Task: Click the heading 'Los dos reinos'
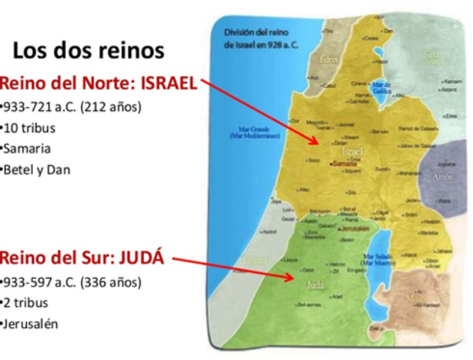click(x=88, y=51)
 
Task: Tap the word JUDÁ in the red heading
click(x=142, y=259)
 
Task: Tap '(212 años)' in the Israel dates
click(x=113, y=106)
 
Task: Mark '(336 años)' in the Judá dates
click(x=113, y=283)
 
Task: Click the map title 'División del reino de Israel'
click(x=259, y=40)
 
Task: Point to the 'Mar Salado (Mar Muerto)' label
click(x=376, y=259)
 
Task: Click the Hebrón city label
click(x=338, y=264)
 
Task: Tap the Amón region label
click(x=442, y=177)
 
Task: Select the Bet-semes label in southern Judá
click(x=307, y=305)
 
